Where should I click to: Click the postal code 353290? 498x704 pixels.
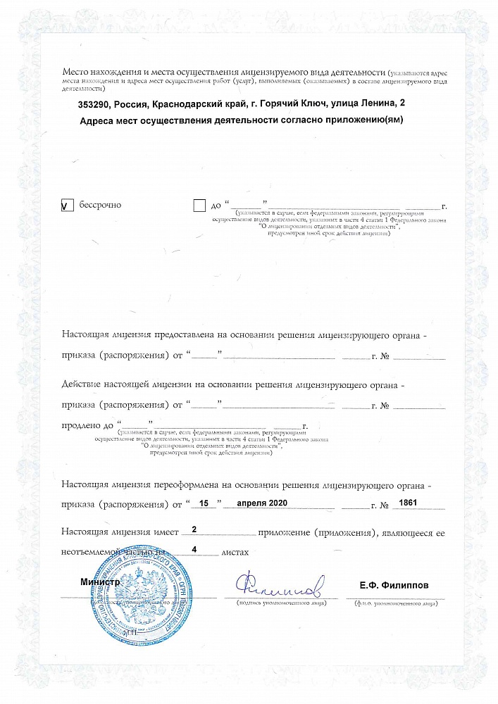94,104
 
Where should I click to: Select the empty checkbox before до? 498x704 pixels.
199,206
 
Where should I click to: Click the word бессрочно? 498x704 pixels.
100,205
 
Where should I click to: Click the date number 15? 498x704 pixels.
205,504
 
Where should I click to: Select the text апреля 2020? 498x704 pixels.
262,504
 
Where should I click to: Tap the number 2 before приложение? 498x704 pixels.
194,529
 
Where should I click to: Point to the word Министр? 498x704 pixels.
100,584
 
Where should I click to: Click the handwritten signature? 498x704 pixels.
279,584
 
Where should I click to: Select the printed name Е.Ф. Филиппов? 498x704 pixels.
394,585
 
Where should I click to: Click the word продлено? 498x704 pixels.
82,426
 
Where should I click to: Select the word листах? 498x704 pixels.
235,553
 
